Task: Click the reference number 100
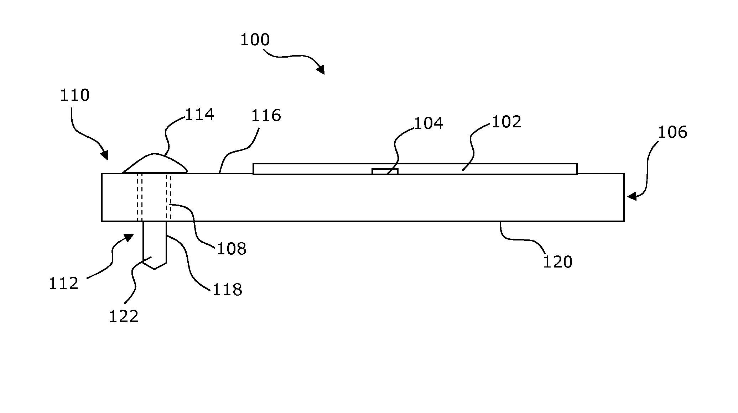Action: [255, 39]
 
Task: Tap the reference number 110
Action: [74, 95]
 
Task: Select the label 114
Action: [199, 115]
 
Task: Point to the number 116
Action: [266, 116]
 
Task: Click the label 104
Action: [428, 123]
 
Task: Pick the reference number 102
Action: [506, 122]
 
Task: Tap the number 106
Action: [672, 132]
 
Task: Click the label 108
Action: [232, 249]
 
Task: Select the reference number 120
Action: [557, 262]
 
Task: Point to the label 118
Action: [227, 290]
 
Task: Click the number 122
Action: [123, 316]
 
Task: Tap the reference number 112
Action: [63, 284]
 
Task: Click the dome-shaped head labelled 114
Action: [155, 164]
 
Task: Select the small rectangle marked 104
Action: [385, 171]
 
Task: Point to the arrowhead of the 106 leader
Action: [630, 196]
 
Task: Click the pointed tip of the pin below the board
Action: [154, 269]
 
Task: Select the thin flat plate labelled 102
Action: [499, 169]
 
